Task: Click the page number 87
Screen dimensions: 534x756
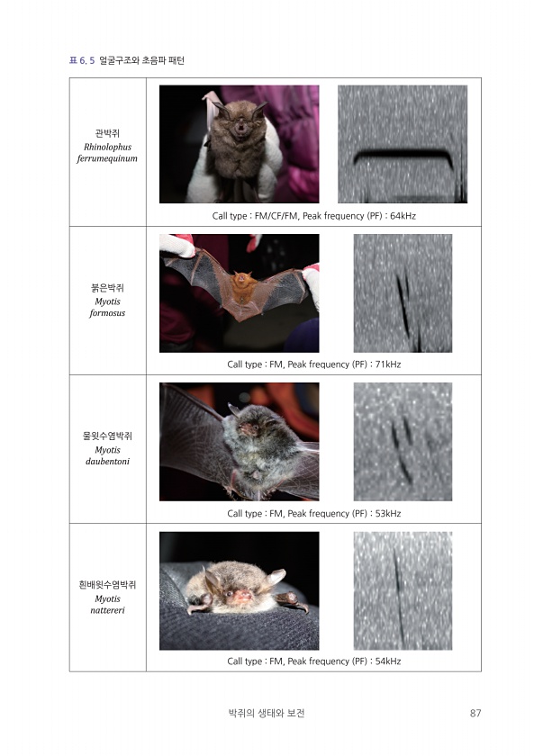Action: click(475, 713)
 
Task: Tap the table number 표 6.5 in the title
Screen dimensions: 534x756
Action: click(82, 60)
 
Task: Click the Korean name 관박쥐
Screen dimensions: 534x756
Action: click(107, 133)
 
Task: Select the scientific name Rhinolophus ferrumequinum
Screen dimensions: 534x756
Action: click(107, 153)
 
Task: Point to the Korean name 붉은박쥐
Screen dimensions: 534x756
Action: click(107, 288)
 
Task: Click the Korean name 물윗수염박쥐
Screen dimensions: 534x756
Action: click(107, 436)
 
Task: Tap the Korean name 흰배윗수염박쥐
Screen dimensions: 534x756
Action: click(107, 585)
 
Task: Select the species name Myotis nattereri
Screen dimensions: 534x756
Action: click(107, 605)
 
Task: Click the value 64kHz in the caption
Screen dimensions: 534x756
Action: click(403, 216)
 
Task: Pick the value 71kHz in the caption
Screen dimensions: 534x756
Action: click(388, 364)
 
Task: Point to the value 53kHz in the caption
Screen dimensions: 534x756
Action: click(388, 514)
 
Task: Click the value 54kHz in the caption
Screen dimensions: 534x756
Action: click(388, 661)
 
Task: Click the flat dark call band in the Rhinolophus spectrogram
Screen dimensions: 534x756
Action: click(403, 154)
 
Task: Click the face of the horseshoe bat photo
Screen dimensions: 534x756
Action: click(240, 126)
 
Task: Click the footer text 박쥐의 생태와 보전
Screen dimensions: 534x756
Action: click(267, 713)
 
